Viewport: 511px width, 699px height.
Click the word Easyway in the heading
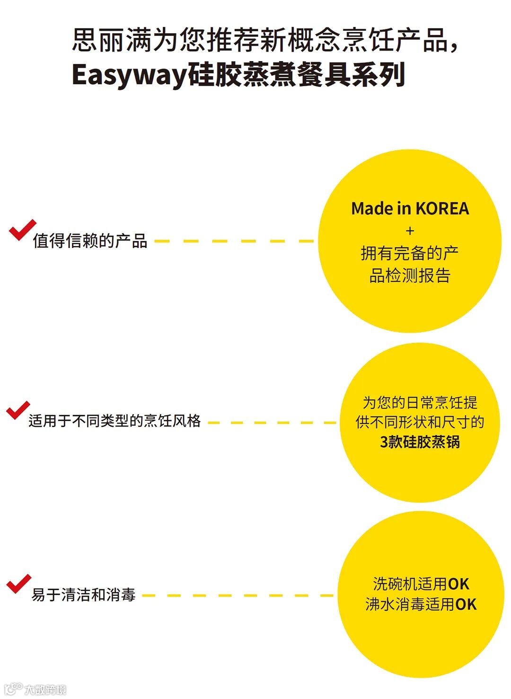129,75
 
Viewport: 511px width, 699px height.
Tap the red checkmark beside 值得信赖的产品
22,230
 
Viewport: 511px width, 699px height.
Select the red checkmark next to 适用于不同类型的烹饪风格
18,410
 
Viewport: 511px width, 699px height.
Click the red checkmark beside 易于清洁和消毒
18,584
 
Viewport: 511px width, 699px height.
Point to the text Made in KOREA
410,209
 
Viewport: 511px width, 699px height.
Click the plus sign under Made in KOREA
410,231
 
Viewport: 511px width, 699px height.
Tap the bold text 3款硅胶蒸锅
420,442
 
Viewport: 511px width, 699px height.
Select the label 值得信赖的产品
90,241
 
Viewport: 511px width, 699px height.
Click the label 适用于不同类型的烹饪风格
115,421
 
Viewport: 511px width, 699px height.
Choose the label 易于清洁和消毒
83,594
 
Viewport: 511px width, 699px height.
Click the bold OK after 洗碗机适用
458,584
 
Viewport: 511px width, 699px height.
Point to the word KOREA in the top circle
442,209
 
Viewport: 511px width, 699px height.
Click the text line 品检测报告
410,275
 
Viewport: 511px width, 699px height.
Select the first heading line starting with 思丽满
265,40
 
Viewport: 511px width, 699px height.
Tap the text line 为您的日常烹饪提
420,403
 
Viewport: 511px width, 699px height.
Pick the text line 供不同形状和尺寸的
420,422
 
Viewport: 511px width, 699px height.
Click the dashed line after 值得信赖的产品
234,241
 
